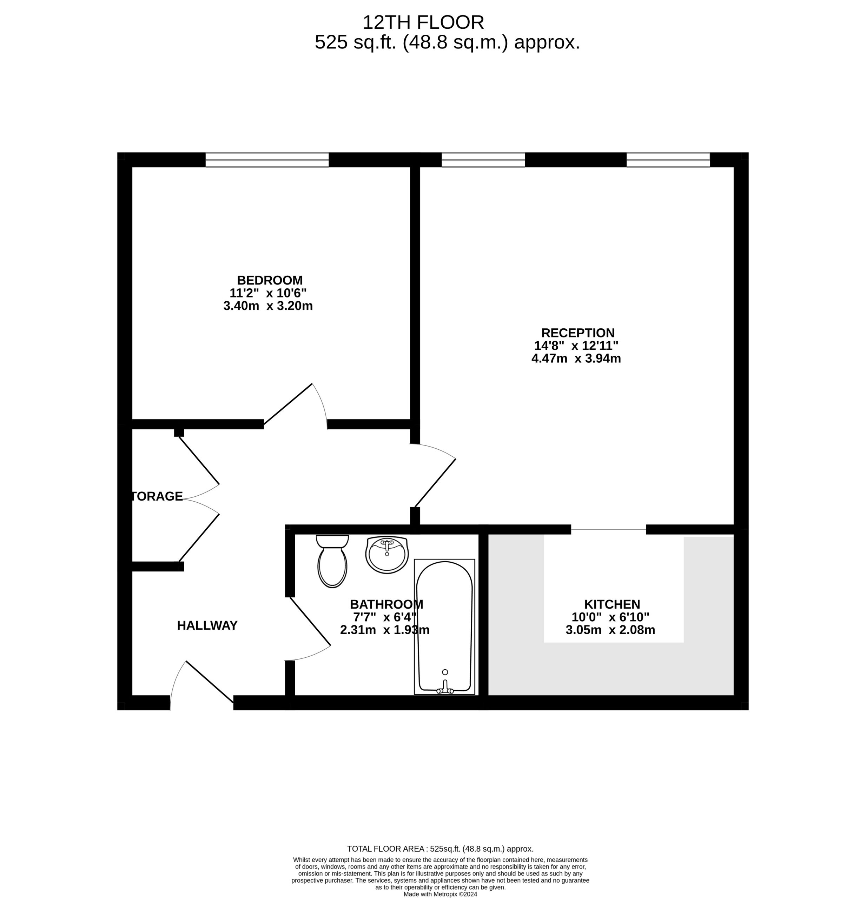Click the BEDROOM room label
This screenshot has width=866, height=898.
point(269,280)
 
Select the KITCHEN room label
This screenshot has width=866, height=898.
point(612,604)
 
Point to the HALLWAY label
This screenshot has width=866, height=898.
point(207,625)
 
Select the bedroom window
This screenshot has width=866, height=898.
point(267,160)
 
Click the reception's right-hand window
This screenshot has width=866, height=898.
point(668,160)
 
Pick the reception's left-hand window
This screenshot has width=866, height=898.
point(483,160)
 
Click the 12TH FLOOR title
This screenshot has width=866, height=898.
point(423,22)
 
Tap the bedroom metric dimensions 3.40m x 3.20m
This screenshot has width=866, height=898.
point(268,306)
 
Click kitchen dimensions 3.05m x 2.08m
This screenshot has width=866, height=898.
point(610,630)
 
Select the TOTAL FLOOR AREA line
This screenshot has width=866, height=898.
point(440,849)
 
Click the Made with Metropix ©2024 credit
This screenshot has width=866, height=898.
point(440,894)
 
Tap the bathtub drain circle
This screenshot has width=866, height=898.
point(445,672)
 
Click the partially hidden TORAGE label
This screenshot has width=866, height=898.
point(157,496)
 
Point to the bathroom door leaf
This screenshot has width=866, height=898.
point(310,622)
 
